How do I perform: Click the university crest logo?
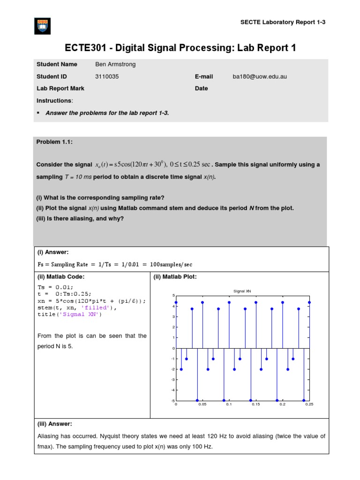tap(43, 26)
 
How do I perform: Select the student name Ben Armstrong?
tap(115, 64)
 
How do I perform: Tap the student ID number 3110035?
tap(107, 76)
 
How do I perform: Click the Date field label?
tap(201, 88)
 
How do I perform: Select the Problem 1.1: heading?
tap(54, 142)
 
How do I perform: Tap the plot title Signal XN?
tap(242, 291)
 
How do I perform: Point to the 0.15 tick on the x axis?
tap(255, 404)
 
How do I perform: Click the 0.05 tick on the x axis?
tap(202, 404)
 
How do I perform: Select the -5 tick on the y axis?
tap(172, 400)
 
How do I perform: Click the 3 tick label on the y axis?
tap(173, 317)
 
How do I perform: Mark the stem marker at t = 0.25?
tap(309, 302)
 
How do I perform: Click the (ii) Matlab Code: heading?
tap(61, 277)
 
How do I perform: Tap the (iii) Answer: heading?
tap(54, 424)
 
